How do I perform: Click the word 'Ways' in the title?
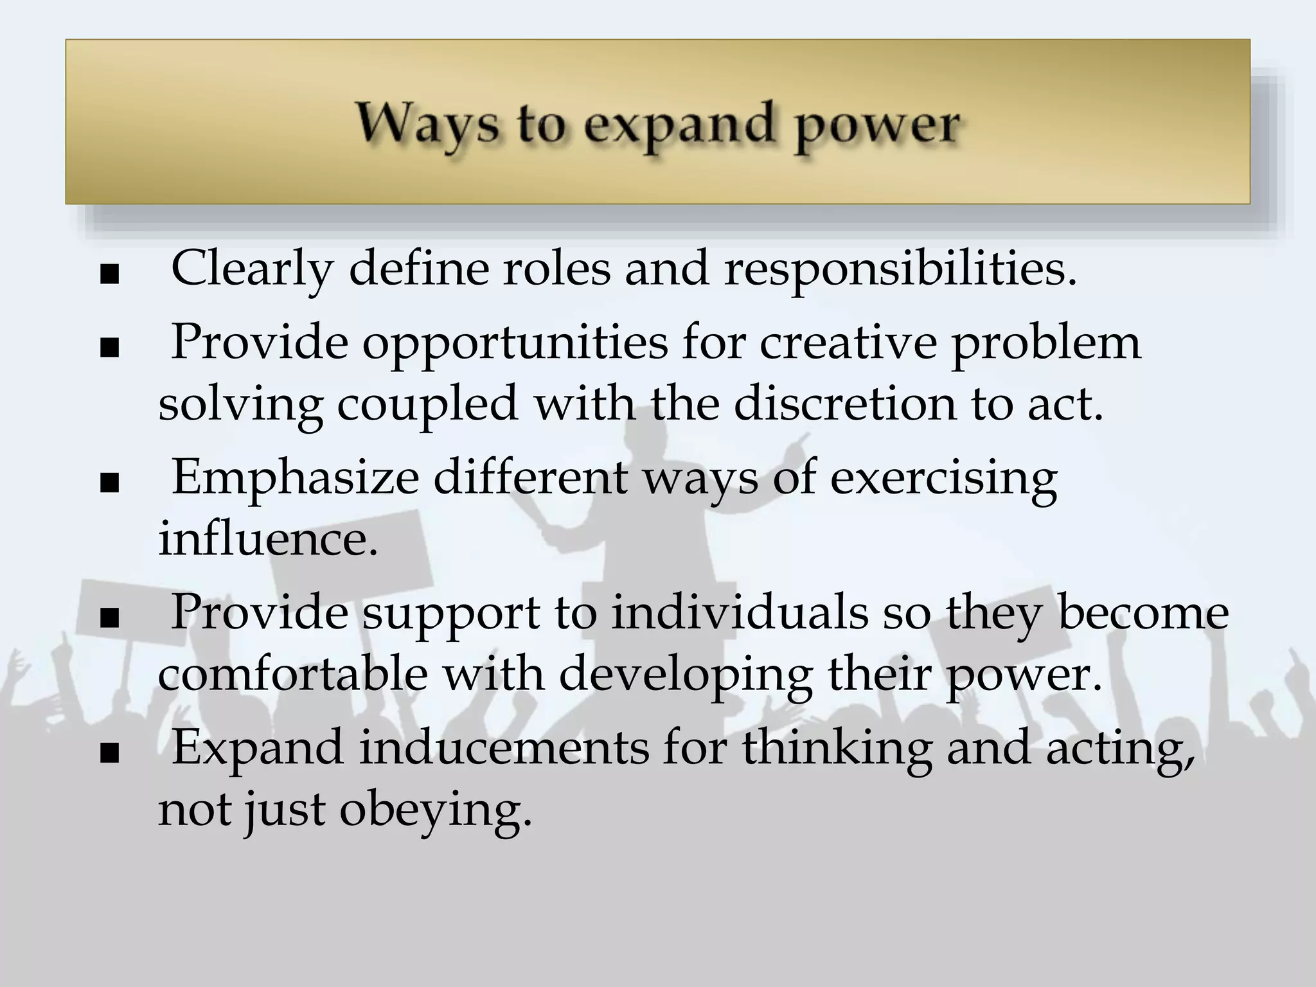click(427, 124)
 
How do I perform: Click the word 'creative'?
click(849, 342)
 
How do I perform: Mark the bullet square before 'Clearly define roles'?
click(110, 274)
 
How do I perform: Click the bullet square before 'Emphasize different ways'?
click(110, 484)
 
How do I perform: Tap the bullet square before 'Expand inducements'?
click(110, 752)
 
